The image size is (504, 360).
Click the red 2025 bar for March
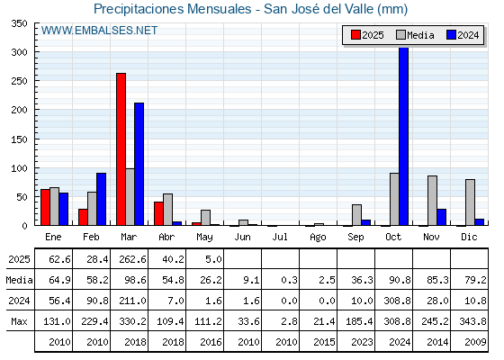[x=121, y=149]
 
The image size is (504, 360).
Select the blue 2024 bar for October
[x=404, y=136]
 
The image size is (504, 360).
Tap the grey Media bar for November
[x=432, y=201]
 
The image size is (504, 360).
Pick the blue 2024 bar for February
[x=101, y=199]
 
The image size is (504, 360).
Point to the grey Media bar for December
[x=470, y=202]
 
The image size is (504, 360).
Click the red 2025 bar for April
[x=158, y=214]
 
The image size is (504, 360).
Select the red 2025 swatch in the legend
[x=355, y=35]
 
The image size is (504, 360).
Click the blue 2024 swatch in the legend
[x=451, y=35]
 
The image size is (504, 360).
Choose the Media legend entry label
[x=420, y=35]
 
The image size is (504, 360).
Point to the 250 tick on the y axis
[x=36, y=80]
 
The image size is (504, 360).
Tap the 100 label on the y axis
[x=19, y=168]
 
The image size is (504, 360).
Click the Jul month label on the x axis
[x=280, y=237]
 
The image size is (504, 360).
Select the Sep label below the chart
[x=355, y=238]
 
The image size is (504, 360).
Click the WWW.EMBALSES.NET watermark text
[x=99, y=31]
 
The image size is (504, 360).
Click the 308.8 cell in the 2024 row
[x=397, y=301]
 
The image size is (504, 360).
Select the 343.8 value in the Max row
[x=472, y=321]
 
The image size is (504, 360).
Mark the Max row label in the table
[x=19, y=321]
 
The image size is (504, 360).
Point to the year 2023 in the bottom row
[x=362, y=342]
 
